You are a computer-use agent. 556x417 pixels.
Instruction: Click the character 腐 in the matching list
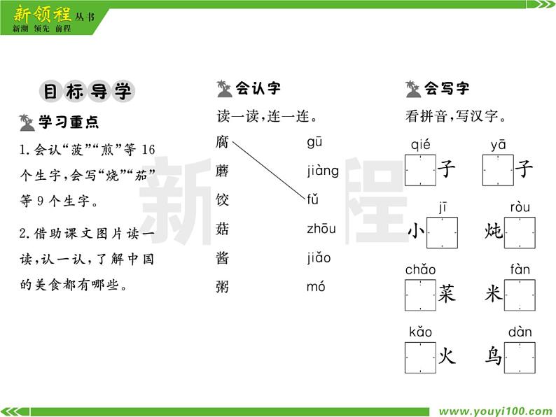pyautogui.click(x=223, y=142)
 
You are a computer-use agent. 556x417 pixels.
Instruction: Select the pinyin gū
pyautogui.click(x=314, y=142)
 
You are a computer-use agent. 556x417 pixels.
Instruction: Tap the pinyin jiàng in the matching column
pyautogui.click(x=322, y=171)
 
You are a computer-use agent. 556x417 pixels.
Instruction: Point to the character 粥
pyautogui.click(x=223, y=286)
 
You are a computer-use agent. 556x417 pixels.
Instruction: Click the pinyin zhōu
pyautogui.click(x=321, y=229)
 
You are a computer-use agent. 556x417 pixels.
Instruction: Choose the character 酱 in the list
pyautogui.click(x=223, y=257)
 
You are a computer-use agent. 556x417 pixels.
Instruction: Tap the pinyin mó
pyautogui.click(x=316, y=286)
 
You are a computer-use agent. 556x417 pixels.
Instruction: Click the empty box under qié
pyautogui.click(x=420, y=170)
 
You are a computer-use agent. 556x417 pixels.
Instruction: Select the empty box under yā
pyautogui.click(x=498, y=170)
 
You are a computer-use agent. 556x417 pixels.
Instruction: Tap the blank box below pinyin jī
pyautogui.click(x=442, y=232)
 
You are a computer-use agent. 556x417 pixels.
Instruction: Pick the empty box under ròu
pyautogui.click(x=520, y=232)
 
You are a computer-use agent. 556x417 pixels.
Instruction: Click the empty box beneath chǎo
pyautogui.click(x=420, y=295)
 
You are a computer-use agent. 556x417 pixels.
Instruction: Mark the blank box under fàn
pyautogui.click(x=520, y=295)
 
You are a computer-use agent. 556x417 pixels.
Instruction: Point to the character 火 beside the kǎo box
pyautogui.click(x=447, y=357)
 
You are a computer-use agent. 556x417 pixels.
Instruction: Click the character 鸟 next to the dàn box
pyautogui.click(x=494, y=357)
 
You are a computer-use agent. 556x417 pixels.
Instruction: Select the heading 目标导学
pyautogui.click(x=87, y=92)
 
